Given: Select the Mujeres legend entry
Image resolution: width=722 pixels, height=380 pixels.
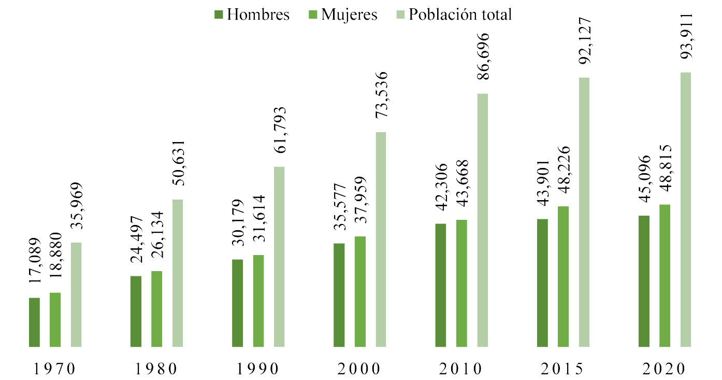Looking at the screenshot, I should point(342,15).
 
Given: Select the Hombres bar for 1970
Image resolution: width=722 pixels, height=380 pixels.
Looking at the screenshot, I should point(34,322).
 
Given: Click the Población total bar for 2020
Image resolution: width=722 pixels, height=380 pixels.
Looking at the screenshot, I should point(686,209).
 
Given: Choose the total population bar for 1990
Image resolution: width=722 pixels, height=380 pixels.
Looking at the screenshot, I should point(279,257).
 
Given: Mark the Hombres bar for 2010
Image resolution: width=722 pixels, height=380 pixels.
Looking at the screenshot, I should point(441,285).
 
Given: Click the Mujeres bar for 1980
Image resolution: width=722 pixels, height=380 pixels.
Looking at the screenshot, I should point(157,308).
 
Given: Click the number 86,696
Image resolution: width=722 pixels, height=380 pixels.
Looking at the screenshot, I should point(483,61).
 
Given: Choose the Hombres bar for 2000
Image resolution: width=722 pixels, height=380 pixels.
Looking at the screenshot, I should point(339,294).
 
